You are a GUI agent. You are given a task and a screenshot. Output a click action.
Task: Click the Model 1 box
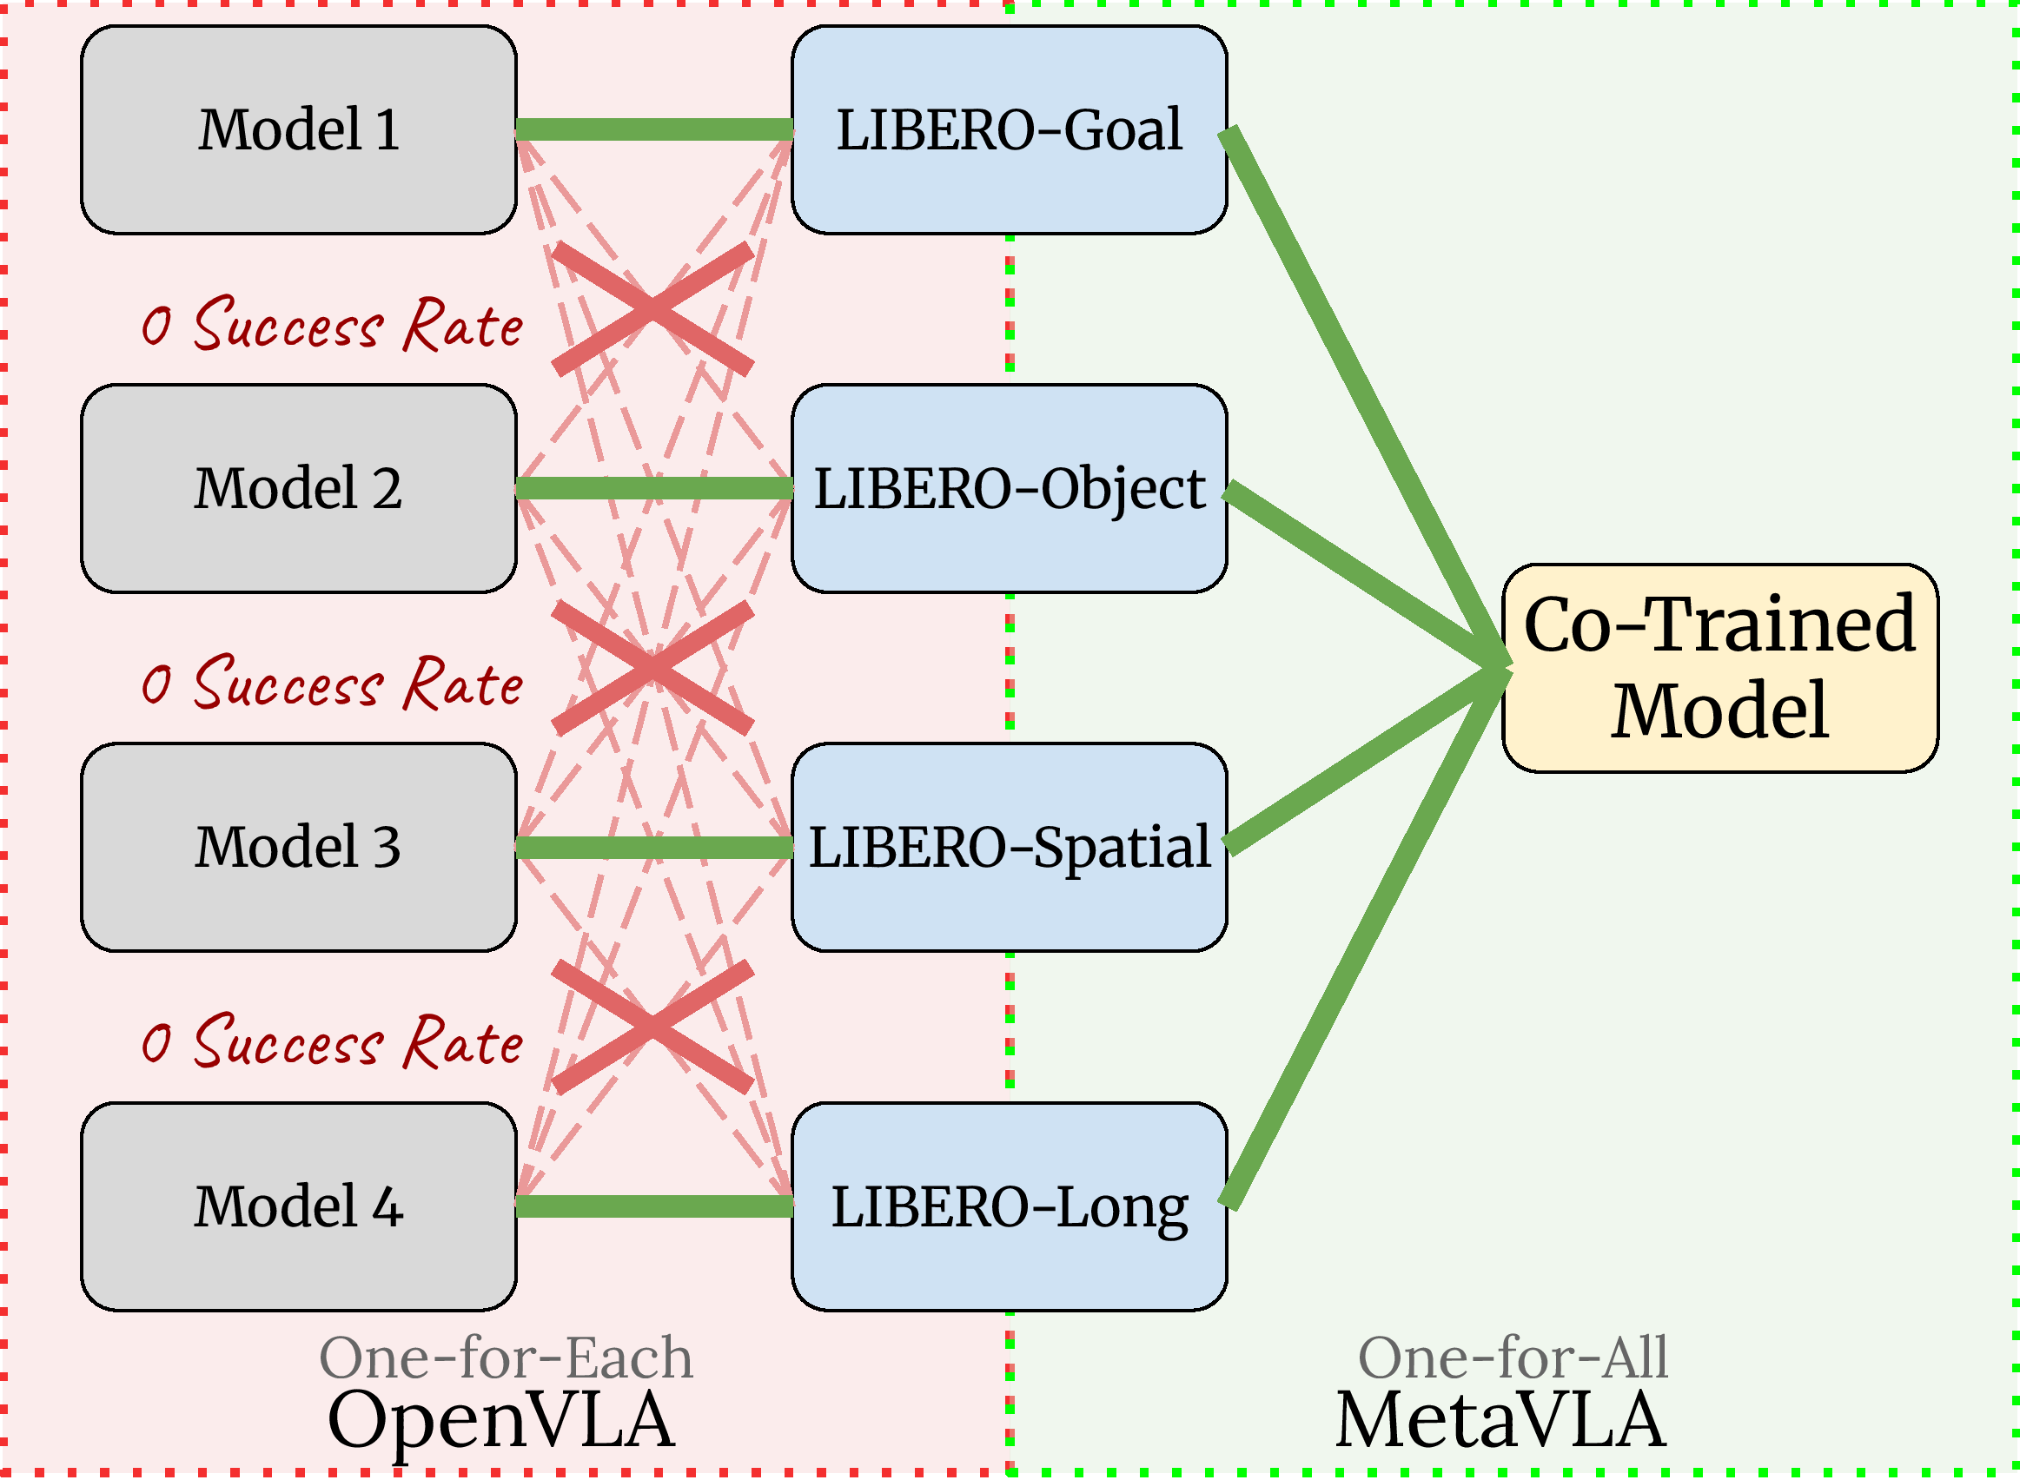pyautogui.click(x=298, y=130)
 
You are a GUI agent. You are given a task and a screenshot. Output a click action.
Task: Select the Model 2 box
pyautogui.click(x=298, y=488)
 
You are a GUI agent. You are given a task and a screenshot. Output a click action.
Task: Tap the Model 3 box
pyautogui.click(x=298, y=847)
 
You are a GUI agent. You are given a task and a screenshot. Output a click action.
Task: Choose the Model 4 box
pyautogui.click(x=298, y=1206)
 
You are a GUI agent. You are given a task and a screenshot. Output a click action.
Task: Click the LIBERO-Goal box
pyautogui.click(x=1009, y=130)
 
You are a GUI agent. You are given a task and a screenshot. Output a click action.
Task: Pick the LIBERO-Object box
pyautogui.click(x=1009, y=488)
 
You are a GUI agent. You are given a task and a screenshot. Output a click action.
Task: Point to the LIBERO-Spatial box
pyautogui.click(x=1009, y=847)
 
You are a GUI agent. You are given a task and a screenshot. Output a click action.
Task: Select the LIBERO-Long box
pyautogui.click(x=1009, y=1206)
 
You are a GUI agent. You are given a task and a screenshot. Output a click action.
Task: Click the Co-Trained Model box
pyautogui.click(x=1719, y=667)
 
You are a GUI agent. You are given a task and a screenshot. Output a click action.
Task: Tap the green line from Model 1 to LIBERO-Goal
pyautogui.click(x=654, y=130)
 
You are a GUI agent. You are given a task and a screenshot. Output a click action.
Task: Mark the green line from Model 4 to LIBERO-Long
pyautogui.click(x=654, y=1206)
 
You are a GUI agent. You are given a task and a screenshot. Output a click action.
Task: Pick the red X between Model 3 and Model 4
pyautogui.click(x=652, y=1027)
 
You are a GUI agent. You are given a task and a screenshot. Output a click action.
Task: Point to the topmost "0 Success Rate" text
pyautogui.click(x=332, y=324)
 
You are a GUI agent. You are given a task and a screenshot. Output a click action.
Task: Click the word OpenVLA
pyautogui.click(x=501, y=1421)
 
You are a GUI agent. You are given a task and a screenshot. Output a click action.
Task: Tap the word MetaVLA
pyautogui.click(x=1500, y=1421)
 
